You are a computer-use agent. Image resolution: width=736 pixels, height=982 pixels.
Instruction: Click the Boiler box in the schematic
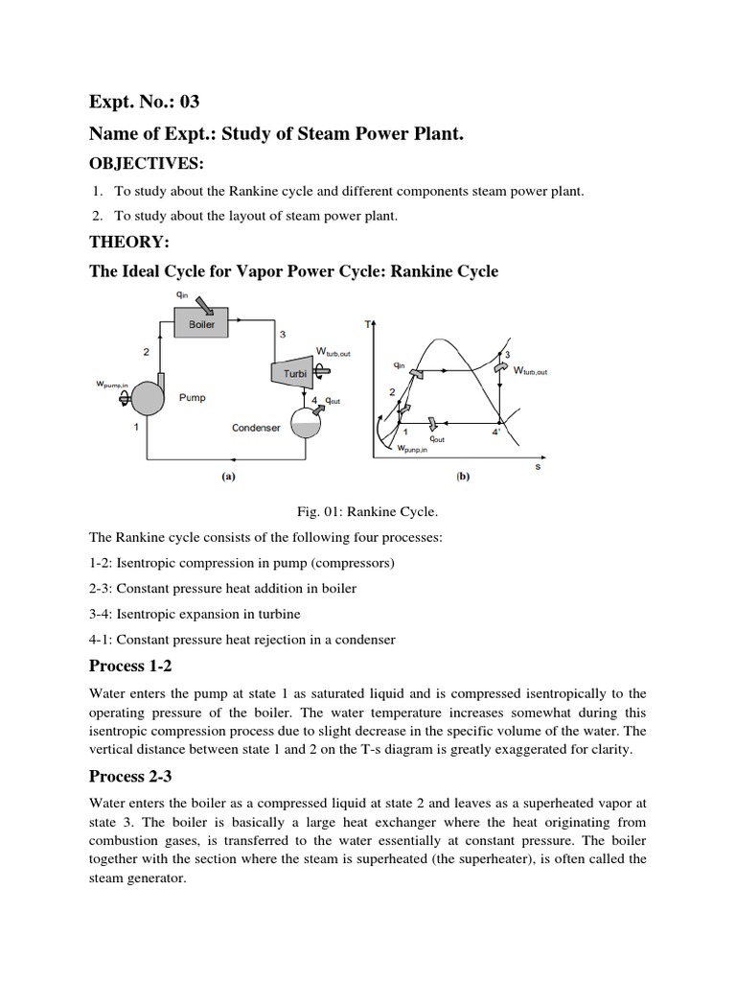pos(201,324)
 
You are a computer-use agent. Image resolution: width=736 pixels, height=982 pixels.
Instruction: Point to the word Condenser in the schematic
pos(256,428)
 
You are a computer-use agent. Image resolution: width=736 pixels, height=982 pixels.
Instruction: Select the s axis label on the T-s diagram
pos(538,467)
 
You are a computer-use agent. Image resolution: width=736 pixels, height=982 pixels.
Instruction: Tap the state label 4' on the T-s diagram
pos(495,433)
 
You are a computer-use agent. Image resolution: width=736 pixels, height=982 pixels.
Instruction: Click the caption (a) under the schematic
pos(229,475)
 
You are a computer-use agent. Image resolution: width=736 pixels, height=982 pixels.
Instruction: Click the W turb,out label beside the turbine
pos(333,352)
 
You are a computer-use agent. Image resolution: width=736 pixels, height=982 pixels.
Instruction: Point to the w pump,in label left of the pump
pos(113,386)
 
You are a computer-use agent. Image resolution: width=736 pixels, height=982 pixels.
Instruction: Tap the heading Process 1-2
pos(132,666)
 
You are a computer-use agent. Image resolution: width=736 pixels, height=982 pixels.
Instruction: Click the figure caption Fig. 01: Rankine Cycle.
pos(367,513)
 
